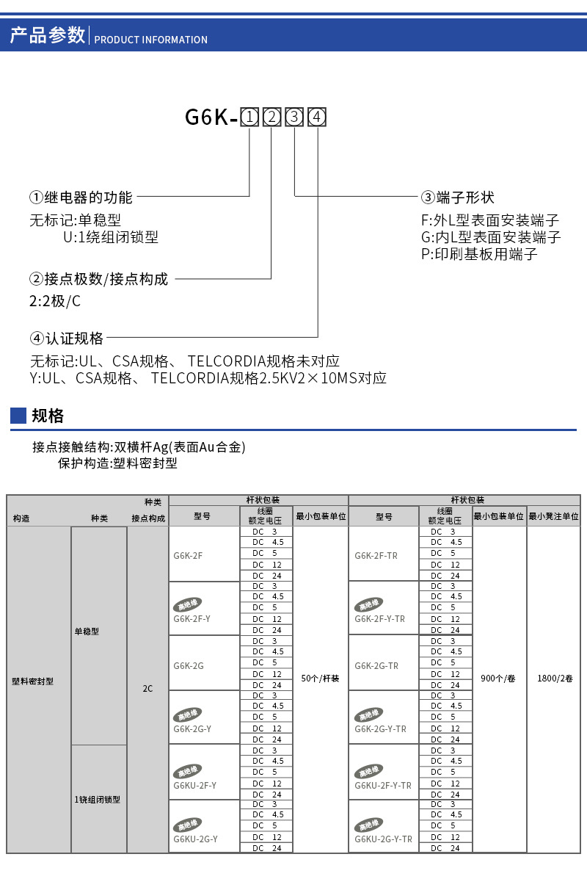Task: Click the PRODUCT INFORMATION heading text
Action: tap(151, 40)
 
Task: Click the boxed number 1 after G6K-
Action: tap(249, 117)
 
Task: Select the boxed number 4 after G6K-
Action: tap(317, 117)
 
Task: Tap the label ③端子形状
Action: tap(457, 198)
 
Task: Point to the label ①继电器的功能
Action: tap(81, 198)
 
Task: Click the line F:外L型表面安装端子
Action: tap(489, 220)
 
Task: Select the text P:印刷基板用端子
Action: tap(479, 254)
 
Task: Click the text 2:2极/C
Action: tap(55, 301)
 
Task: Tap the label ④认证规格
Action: tap(67, 339)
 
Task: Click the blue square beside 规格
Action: tap(18, 416)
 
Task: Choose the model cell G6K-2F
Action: tap(189, 555)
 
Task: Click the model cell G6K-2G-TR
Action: tap(376, 666)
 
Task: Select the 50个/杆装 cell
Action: tap(321, 679)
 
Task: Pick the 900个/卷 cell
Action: tap(498, 679)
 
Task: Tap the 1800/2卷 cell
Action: tap(553, 679)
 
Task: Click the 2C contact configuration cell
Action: tap(147, 689)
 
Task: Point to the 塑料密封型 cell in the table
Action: tap(33, 681)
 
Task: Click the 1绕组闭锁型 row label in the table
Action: tap(98, 799)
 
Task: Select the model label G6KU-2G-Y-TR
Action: tap(383, 839)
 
